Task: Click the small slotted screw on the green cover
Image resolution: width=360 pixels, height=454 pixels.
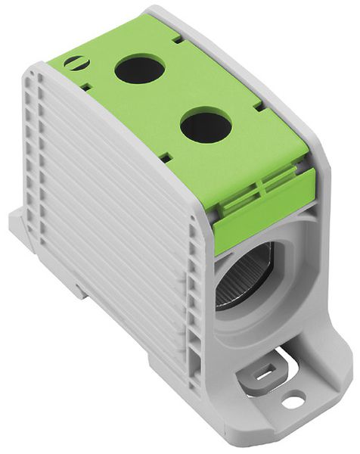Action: click(74, 62)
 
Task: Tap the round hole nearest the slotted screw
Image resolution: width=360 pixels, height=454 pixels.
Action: click(140, 70)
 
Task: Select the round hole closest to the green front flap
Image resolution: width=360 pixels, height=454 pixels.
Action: click(206, 126)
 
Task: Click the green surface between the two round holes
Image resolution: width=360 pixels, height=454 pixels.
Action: click(172, 97)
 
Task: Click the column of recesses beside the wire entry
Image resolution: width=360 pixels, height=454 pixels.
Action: click(198, 303)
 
